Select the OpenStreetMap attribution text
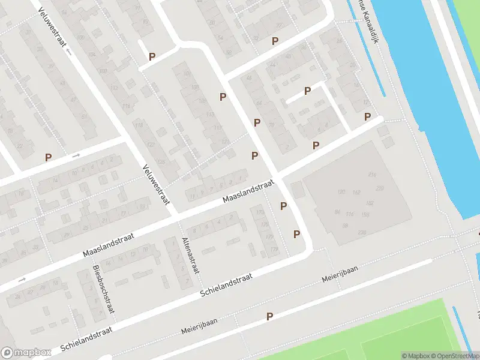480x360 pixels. [x=452, y=356]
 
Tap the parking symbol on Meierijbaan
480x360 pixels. [x=269, y=316]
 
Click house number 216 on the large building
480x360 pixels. [x=372, y=175]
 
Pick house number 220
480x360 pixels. [x=379, y=188]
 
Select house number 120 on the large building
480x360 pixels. [x=341, y=192]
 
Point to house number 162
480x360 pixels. [x=356, y=193]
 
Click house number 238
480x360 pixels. [x=361, y=232]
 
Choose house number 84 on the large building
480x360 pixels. [x=337, y=212]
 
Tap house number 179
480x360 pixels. [x=274, y=249]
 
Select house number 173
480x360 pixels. [x=260, y=212]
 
